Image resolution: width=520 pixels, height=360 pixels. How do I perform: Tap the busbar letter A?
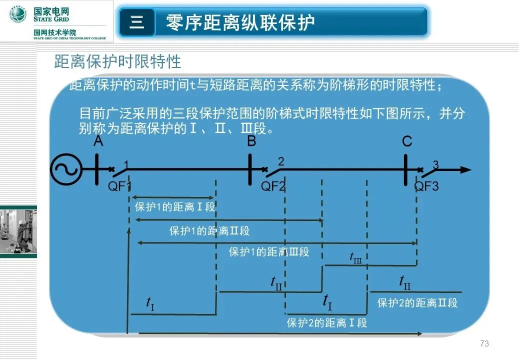(98, 141)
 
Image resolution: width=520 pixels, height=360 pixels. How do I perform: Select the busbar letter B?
(251, 141)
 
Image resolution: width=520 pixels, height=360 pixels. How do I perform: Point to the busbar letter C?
(407, 141)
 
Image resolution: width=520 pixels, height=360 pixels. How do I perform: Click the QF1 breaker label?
(120, 186)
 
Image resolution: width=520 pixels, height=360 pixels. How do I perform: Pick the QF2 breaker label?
(273, 186)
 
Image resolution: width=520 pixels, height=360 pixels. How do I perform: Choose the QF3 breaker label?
(426, 186)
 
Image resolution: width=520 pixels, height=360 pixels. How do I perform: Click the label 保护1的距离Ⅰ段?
(175, 207)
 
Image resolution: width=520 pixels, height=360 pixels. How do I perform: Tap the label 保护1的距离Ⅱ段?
(209, 231)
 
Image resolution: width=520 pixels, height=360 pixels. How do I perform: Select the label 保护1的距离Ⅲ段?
(269, 252)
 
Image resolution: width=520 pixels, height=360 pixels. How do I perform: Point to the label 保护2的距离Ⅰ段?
(327, 323)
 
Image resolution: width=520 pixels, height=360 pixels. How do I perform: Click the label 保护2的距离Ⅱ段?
(417, 302)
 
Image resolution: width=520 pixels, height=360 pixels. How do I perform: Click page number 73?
(484, 343)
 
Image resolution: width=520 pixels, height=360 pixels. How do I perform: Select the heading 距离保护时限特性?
(117, 62)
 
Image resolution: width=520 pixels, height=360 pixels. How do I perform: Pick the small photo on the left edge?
(18, 230)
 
